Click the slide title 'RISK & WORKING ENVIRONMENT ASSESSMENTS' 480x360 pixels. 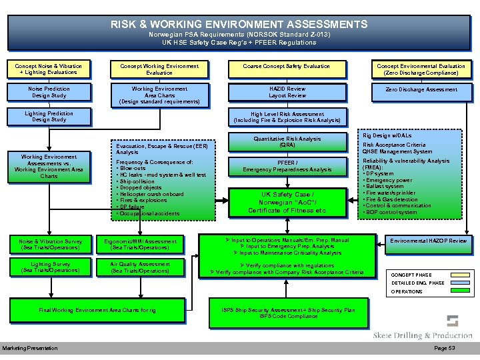click(239, 25)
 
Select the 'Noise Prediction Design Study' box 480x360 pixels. click(49, 92)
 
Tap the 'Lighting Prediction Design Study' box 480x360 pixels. click(49, 117)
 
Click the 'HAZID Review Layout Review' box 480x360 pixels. click(287, 92)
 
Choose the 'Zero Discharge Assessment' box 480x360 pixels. click(421, 89)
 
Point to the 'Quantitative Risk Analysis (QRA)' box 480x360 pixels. click(287, 142)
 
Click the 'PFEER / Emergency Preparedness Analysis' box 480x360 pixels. click(287, 167)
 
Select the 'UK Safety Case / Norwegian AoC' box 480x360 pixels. click(287, 203)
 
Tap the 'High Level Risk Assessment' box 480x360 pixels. click(287, 117)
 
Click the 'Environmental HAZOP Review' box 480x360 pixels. click(429, 241)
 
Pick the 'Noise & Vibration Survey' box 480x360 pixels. click(51, 245)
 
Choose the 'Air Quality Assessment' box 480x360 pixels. click(141, 267)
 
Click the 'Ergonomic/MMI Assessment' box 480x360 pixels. click(141, 245)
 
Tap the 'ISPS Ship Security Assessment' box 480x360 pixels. click(288, 313)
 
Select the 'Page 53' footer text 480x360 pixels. click(445, 349)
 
